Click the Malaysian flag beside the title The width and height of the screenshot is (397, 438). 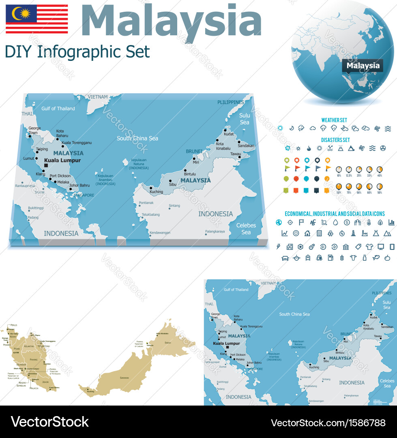coord(36,19)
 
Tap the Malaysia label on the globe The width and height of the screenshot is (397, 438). coord(363,66)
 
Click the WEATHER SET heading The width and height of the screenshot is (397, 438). coord(334,120)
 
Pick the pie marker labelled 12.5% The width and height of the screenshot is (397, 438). coord(349,169)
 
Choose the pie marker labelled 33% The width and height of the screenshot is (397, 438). coord(369,169)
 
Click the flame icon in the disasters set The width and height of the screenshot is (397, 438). coord(309,148)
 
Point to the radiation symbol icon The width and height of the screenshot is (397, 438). coord(383,148)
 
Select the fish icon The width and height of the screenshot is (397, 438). coord(376,258)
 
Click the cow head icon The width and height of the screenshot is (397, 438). coord(353,258)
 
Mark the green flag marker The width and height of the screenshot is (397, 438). coord(288,168)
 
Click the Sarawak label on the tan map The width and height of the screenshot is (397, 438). coord(124,378)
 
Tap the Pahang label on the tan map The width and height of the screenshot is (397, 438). coord(34,359)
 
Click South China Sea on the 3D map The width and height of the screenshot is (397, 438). coord(137,138)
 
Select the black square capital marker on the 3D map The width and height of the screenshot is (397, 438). coord(46,165)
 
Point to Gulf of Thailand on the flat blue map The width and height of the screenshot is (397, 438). coord(236,290)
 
